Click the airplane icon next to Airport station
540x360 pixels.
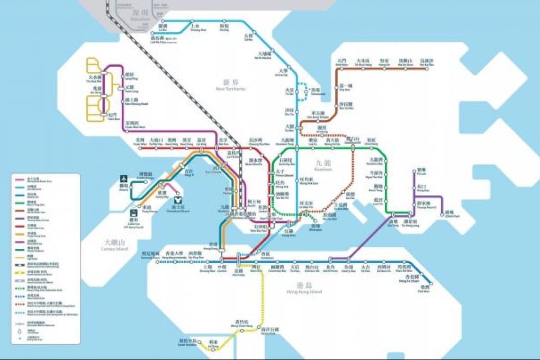(x=123, y=178)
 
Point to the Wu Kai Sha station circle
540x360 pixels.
(x=427, y=68)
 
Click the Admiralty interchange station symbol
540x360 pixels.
(x=238, y=259)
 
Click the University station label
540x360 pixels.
(x=283, y=73)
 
